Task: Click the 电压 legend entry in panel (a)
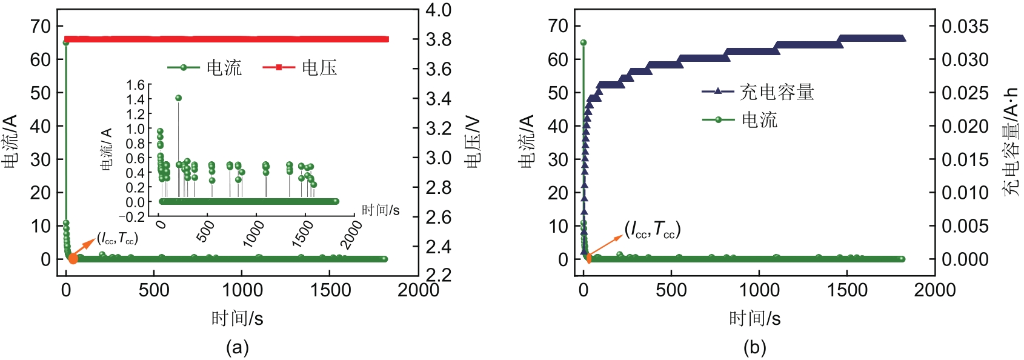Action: [x=319, y=67]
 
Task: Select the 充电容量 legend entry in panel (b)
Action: [x=777, y=92]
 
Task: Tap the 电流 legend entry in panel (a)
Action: [x=224, y=67]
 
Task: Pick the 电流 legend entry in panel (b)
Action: [x=759, y=119]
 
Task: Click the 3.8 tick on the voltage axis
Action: [x=438, y=39]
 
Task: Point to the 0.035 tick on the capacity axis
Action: [x=965, y=26]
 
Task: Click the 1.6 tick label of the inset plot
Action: [x=136, y=85]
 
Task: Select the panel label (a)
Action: [x=237, y=347]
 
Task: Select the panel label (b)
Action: [x=754, y=347]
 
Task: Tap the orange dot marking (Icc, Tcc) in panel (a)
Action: [x=73, y=259]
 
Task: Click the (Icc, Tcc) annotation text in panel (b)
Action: [x=653, y=229]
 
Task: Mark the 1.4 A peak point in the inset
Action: [x=178, y=98]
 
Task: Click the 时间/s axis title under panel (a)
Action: [x=237, y=318]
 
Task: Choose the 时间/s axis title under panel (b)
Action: [x=754, y=318]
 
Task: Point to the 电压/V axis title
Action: [x=473, y=142]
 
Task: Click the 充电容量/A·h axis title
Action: [x=1010, y=142]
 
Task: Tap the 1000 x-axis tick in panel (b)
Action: [x=759, y=290]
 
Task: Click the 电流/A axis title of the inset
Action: [x=107, y=149]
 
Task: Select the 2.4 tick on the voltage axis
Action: [x=438, y=247]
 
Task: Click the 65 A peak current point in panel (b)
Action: [x=583, y=42]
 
